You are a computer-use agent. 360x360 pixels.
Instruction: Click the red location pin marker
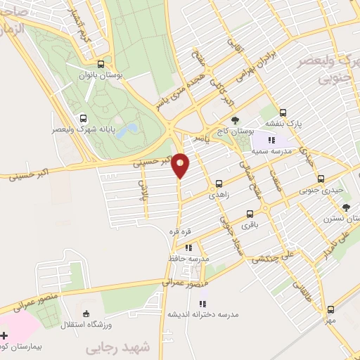pos(181,165)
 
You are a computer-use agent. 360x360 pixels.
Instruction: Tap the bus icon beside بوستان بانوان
pos(104,63)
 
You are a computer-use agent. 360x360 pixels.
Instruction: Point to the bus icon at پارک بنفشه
pos(283,112)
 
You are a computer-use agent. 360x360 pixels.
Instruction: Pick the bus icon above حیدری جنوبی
pos(321,179)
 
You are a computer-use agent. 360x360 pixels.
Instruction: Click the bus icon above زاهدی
pos(218,184)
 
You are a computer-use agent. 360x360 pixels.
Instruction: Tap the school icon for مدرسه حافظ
pos(188,247)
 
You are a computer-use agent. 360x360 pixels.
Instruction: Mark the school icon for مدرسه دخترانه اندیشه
pos(202,304)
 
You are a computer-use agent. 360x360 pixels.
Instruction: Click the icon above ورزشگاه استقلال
pos(86,313)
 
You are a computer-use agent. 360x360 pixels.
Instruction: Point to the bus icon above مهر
pos(330,309)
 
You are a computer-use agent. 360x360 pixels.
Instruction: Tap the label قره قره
pos(179,231)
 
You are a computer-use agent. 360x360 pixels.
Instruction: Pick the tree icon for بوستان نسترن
pos(346,207)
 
